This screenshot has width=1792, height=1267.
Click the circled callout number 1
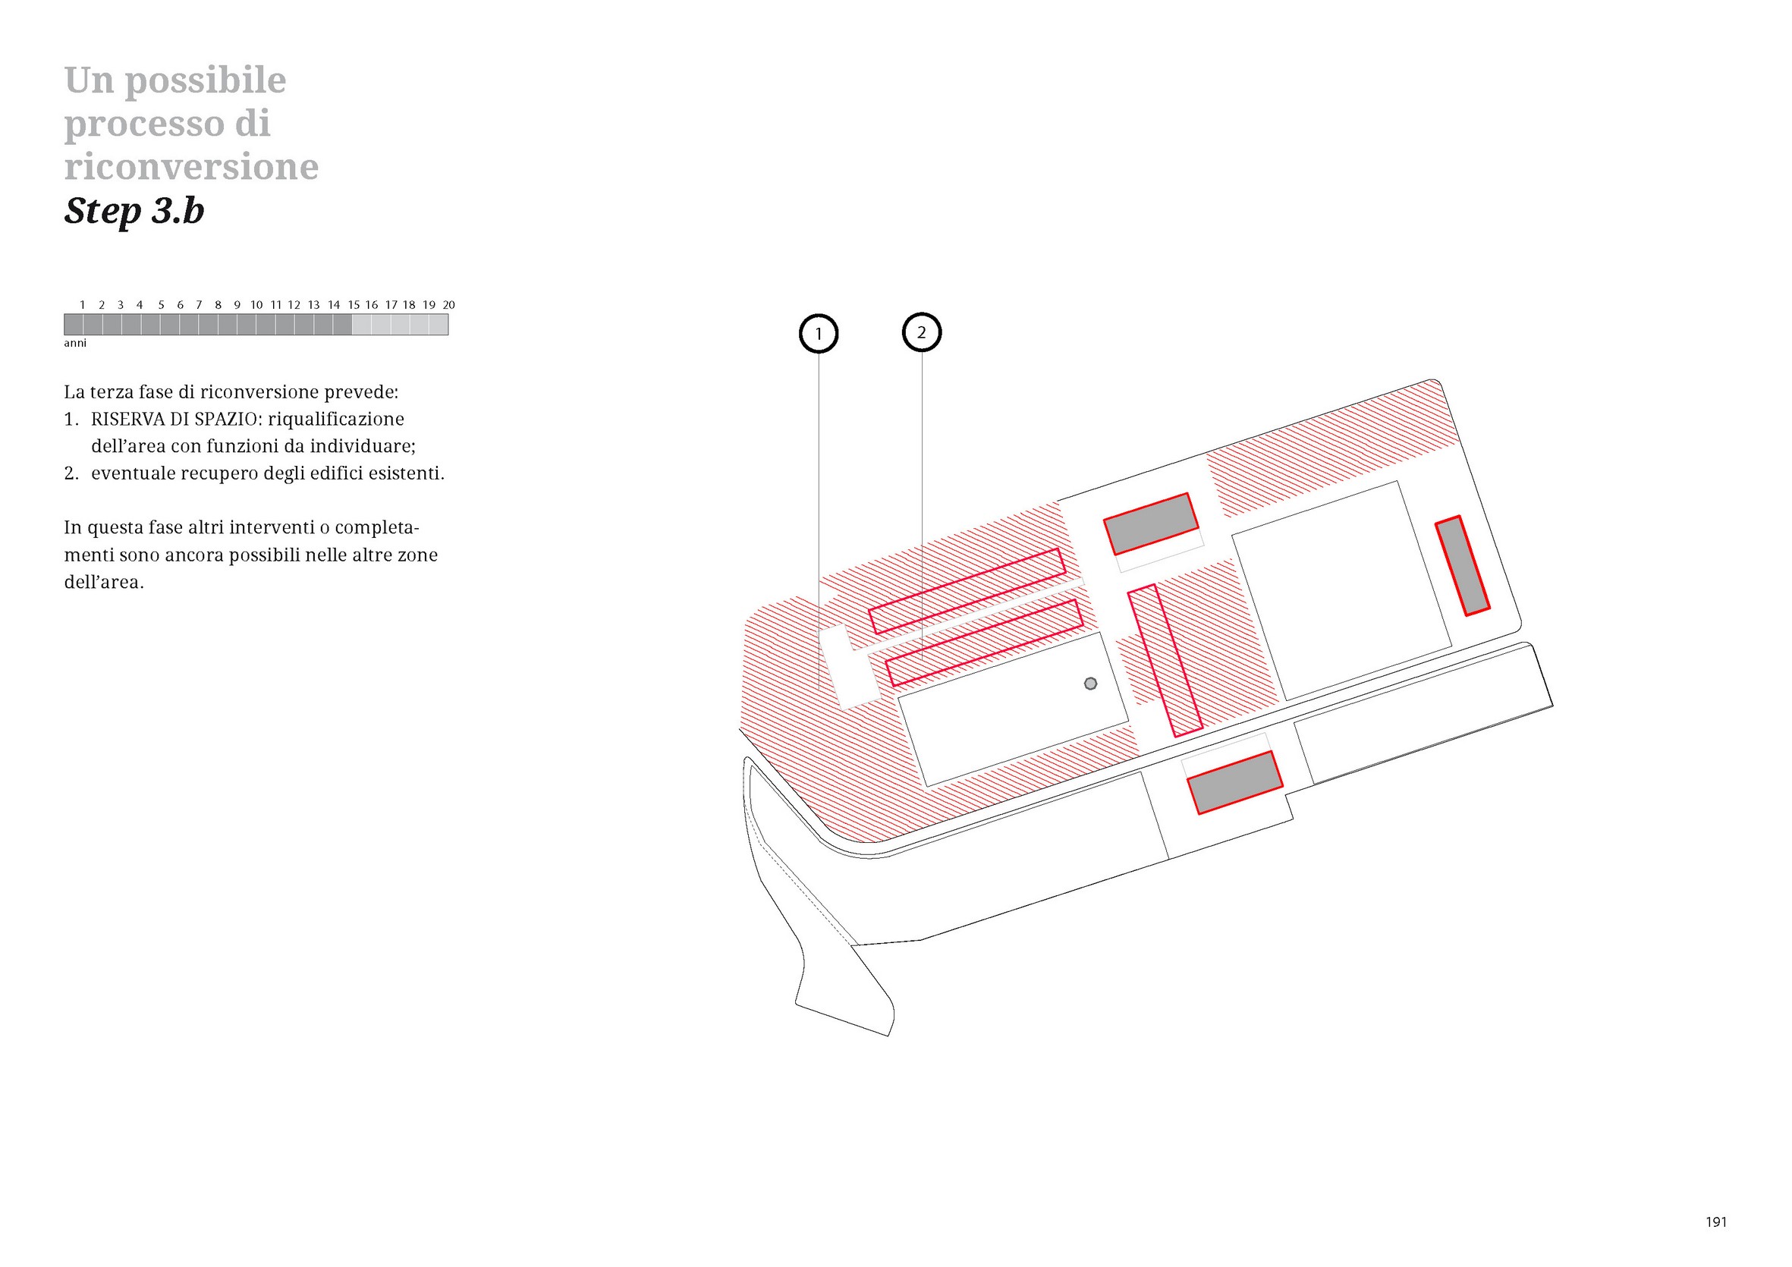point(818,334)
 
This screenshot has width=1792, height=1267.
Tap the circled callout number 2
point(921,332)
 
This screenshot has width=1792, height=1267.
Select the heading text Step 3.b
point(134,211)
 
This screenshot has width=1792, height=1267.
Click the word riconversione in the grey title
point(191,166)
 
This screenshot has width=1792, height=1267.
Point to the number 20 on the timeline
point(449,304)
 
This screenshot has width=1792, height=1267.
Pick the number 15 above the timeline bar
point(354,304)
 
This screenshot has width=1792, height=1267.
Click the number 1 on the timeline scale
point(82,304)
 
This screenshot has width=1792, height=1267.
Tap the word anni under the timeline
point(75,344)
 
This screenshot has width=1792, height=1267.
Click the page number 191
point(1716,1222)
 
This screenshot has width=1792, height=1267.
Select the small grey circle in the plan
point(1090,683)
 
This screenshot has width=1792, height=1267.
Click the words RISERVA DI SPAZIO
point(173,420)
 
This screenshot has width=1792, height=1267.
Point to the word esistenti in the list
point(406,473)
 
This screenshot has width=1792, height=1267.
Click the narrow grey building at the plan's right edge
point(1463,565)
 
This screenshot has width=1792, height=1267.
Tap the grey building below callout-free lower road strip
point(1234,782)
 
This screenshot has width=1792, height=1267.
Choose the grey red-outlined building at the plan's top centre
point(1150,523)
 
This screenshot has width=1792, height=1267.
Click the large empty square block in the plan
point(1341,591)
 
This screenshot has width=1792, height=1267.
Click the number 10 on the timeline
point(256,304)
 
